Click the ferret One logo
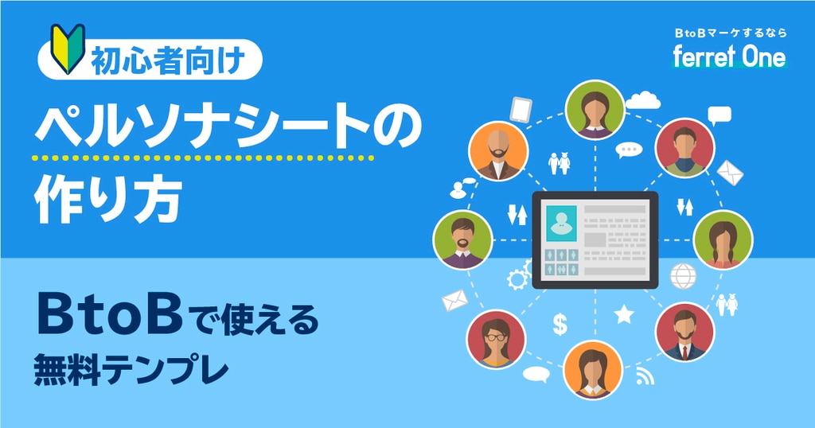pos(730,56)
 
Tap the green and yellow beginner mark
pos(68,48)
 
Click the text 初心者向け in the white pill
pos(167,60)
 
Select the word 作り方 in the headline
pos(107,199)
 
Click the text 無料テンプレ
pos(131,369)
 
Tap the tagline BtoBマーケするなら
pos(731,33)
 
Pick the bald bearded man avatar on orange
pos(498,151)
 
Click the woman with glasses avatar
pos(496,340)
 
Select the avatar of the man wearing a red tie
pos(684,333)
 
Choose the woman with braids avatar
pos(723,240)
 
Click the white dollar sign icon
pos(560,324)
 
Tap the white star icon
pos(624,313)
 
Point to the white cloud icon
pos(643,99)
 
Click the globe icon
pos(683,276)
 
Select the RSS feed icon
pos(645,376)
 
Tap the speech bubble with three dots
pos(629,150)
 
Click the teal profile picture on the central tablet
pos(561,224)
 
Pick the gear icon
pos(517,279)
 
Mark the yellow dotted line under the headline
pos(203,158)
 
